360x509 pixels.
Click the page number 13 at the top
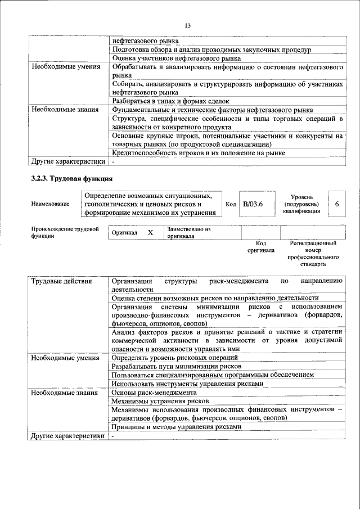187,25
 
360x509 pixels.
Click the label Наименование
51,204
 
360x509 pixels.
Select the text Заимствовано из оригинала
188,233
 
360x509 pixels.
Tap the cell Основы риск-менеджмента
154,392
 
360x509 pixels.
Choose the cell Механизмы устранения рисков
160,401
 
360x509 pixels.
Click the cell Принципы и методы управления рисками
177,426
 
